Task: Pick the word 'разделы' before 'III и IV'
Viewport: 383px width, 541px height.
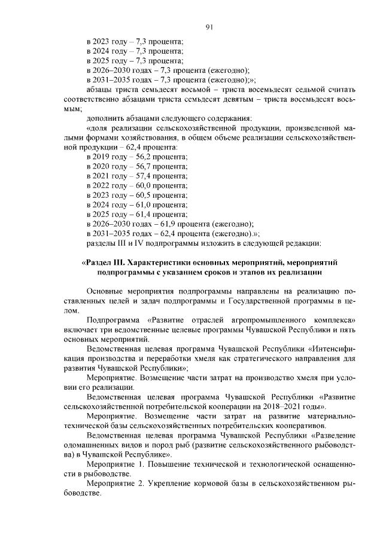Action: click(x=102, y=243)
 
